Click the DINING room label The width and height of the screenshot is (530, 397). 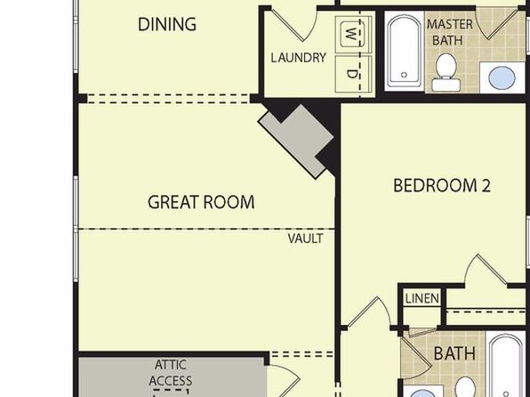click(x=167, y=24)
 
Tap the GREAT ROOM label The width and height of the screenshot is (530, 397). click(x=201, y=202)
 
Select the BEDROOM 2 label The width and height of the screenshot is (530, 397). click(x=442, y=185)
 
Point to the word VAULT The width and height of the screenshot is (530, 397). click(x=306, y=239)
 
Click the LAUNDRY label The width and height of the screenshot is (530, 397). click(x=299, y=58)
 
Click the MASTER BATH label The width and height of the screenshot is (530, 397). click(x=450, y=32)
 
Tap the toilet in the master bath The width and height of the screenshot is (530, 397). click(x=446, y=71)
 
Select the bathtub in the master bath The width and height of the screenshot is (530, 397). click(x=405, y=52)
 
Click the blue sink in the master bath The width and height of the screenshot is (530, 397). click(x=502, y=77)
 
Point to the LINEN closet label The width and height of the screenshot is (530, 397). click(x=422, y=298)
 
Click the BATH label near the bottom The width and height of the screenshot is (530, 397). click(x=454, y=353)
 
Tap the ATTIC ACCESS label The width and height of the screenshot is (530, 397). click(x=171, y=373)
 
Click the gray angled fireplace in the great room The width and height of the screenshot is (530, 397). click(x=297, y=141)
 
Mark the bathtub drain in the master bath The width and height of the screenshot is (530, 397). click(x=404, y=75)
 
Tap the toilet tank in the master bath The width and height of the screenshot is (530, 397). click(x=446, y=85)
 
